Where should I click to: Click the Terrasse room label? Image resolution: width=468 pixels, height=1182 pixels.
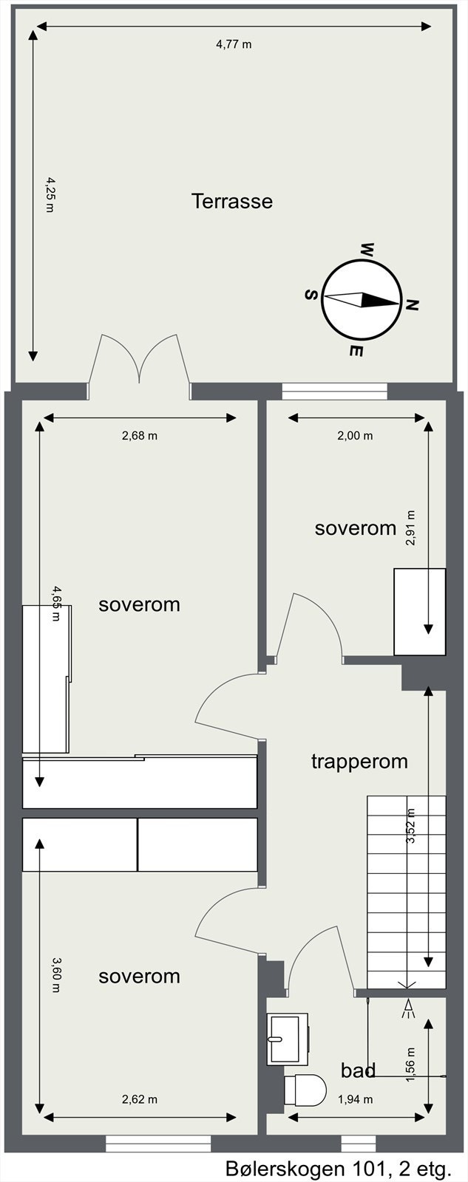coord(232,201)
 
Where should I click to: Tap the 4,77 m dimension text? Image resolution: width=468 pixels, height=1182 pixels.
coord(234,44)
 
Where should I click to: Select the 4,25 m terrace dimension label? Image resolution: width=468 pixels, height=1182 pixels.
coord(50,195)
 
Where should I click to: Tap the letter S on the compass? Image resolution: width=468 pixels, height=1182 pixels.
coord(311,295)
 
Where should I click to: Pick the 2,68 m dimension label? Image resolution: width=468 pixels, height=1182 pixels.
coord(140,435)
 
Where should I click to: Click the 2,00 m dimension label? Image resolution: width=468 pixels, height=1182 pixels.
coord(356,435)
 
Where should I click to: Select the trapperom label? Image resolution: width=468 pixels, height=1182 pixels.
coord(359,762)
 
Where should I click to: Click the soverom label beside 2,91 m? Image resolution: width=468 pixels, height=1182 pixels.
coord(356,527)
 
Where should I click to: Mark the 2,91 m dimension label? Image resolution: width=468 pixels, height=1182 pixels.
coord(412,527)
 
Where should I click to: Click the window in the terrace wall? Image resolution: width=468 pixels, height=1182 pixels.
coord(334,392)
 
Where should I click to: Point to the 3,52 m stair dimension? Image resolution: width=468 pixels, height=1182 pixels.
coord(411,826)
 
